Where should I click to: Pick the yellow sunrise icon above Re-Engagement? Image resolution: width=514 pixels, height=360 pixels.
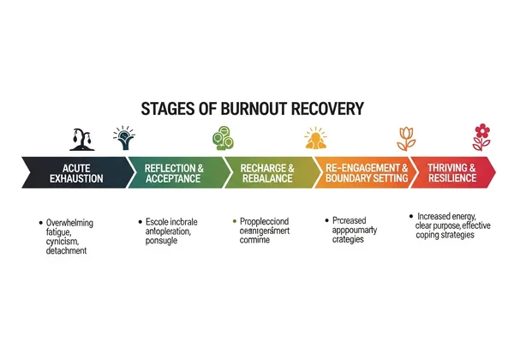pos(315,137)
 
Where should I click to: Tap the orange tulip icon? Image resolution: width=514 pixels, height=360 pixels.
pos(404,137)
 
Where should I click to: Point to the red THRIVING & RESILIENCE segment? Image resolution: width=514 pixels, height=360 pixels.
pos(454,171)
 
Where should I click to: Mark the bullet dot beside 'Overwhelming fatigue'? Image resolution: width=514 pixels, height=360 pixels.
pos(42,223)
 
